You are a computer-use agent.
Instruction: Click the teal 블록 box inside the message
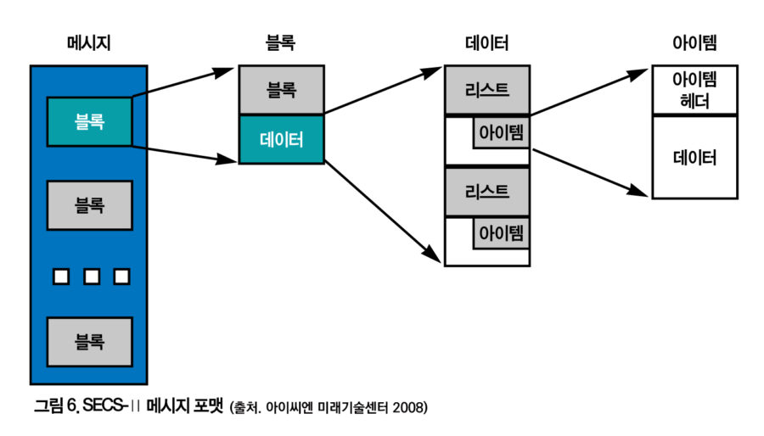coord(89,122)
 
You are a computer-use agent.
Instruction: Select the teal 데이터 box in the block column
coord(280,139)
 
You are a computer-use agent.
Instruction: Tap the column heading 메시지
coord(89,42)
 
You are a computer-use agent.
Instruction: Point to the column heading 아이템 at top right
coord(694,42)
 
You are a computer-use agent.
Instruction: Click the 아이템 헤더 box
coord(694,90)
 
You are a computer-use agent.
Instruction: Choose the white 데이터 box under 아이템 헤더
coord(694,157)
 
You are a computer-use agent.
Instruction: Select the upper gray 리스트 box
coord(487,91)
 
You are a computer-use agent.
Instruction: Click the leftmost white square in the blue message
coord(61,277)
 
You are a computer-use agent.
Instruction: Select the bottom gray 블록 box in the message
coord(89,341)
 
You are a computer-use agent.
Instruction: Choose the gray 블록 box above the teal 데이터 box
coord(280,90)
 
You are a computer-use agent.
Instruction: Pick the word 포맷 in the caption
coord(207,407)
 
